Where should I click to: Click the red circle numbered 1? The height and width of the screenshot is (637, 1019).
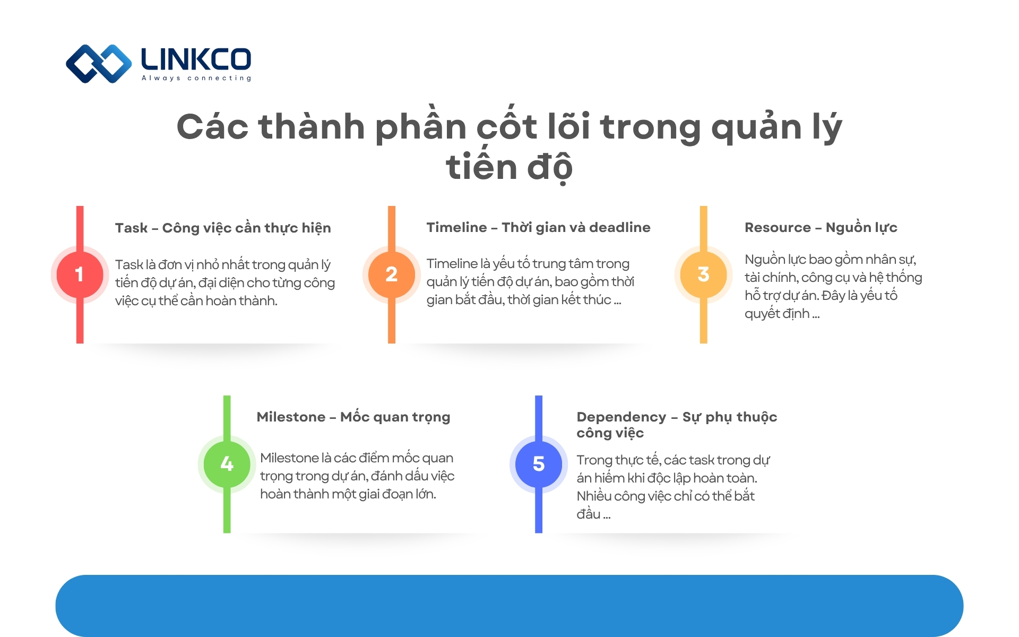[80, 274]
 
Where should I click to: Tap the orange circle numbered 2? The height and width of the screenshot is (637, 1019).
[391, 274]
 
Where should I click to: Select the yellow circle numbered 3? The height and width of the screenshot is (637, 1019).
[703, 274]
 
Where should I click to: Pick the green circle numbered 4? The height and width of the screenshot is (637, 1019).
[227, 464]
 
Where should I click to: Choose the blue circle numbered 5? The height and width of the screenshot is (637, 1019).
[539, 464]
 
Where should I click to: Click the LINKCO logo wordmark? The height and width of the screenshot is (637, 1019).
[196, 59]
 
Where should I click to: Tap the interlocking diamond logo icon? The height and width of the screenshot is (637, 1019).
[99, 64]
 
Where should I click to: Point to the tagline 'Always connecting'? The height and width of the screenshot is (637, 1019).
[196, 78]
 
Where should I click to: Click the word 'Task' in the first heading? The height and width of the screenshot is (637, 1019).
[131, 228]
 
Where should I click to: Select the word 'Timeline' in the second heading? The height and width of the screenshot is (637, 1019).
[456, 227]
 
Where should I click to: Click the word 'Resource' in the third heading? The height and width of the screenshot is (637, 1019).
[778, 227]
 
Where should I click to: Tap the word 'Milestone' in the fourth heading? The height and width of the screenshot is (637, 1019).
[291, 417]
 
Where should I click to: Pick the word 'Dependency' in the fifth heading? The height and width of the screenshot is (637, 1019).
[621, 417]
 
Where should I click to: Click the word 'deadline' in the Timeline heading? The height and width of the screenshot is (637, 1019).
[619, 227]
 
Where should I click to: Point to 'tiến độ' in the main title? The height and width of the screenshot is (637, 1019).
[509, 167]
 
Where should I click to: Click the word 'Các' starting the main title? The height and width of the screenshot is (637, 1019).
[212, 127]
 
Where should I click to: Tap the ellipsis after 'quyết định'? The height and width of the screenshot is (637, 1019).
[816, 314]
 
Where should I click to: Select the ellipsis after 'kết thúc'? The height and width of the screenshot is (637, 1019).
[617, 300]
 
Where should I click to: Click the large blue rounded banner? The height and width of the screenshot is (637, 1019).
[509, 606]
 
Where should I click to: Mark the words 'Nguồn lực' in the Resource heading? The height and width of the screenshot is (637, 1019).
[861, 227]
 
